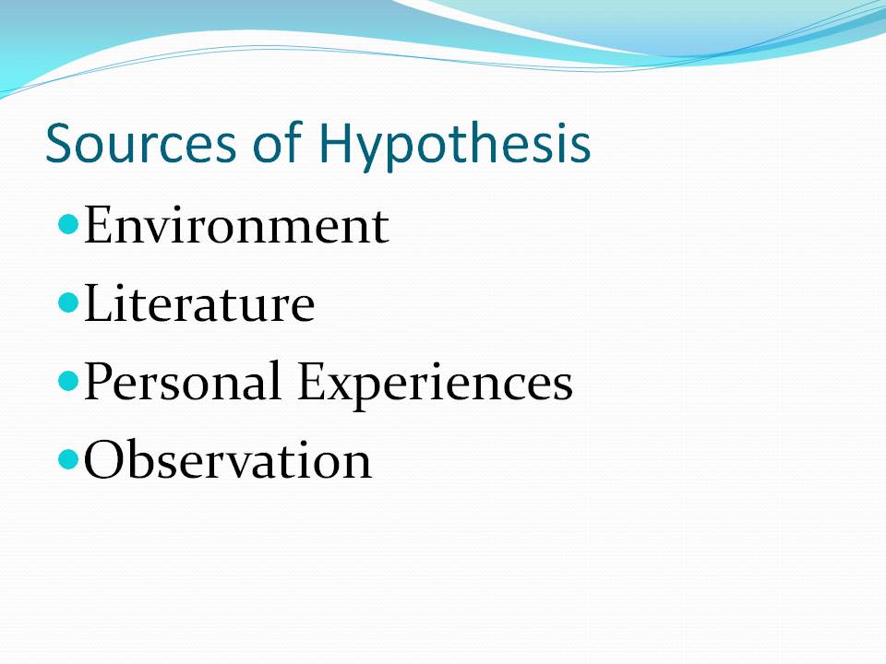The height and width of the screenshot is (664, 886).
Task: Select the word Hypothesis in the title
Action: click(x=455, y=146)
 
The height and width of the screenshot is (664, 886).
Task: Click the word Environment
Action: click(x=236, y=226)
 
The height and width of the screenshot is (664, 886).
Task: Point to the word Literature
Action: click(x=199, y=304)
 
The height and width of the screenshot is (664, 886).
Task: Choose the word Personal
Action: click(x=182, y=383)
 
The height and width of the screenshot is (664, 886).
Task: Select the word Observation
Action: click(x=228, y=460)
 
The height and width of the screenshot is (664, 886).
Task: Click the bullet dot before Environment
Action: click(x=67, y=224)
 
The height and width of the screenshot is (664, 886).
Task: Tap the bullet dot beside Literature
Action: click(x=67, y=302)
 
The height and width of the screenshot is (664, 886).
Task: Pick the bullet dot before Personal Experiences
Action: click(x=67, y=381)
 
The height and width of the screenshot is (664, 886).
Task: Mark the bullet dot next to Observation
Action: click(x=67, y=458)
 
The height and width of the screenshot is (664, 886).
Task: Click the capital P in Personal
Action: click(x=98, y=383)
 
